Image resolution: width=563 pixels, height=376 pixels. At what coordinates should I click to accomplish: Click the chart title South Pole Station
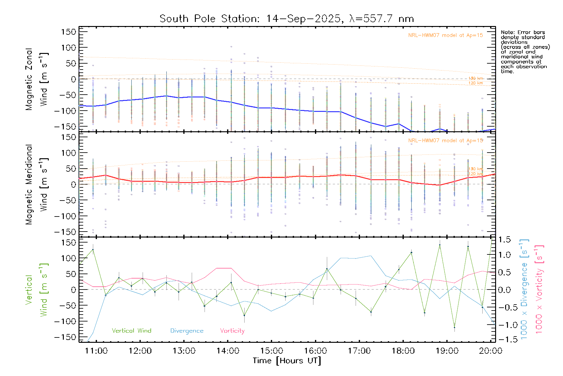pyautogui.click(x=287, y=19)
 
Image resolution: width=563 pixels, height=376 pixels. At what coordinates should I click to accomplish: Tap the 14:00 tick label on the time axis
pyautogui.click(x=228, y=351)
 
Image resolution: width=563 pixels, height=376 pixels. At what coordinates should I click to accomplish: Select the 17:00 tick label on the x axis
pyautogui.click(x=359, y=351)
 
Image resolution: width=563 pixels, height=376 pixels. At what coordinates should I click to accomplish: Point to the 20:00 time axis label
pyautogui.click(x=490, y=351)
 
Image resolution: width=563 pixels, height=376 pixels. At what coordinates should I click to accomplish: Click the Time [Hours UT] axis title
pyautogui.click(x=287, y=361)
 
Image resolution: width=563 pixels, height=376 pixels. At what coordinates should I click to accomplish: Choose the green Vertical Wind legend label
pyautogui.click(x=131, y=331)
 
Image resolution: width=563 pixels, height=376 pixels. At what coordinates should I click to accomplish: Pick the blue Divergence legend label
pyautogui.click(x=187, y=331)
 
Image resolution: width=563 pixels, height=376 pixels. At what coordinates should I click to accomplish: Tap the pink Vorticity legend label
pyautogui.click(x=232, y=331)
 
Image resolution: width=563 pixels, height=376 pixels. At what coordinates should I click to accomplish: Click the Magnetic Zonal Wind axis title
pyautogui.click(x=37, y=79)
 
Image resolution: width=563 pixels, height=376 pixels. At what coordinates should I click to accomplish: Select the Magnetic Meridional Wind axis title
pyautogui.click(x=37, y=185)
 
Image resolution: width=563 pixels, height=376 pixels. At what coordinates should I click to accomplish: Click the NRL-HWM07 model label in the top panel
pyautogui.click(x=445, y=35)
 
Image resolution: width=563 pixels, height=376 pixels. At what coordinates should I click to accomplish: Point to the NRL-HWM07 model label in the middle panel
pyautogui.click(x=445, y=141)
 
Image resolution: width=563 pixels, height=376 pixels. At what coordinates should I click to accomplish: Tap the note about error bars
pyautogui.click(x=525, y=52)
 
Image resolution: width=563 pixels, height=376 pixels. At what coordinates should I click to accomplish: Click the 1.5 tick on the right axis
pyautogui.click(x=504, y=240)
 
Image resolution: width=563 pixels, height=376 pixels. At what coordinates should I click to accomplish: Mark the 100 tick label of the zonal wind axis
pyautogui.click(x=68, y=48)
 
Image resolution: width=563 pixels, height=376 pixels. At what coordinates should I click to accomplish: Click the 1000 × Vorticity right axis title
pyautogui.click(x=539, y=289)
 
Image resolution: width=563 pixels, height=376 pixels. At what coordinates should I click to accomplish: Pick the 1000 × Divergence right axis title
pyautogui.click(x=524, y=289)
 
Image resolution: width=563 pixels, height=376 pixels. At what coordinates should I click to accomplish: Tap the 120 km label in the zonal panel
pyautogui.click(x=475, y=83)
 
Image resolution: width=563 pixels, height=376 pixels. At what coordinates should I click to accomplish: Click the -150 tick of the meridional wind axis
pyautogui.click(x=65, y=232)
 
